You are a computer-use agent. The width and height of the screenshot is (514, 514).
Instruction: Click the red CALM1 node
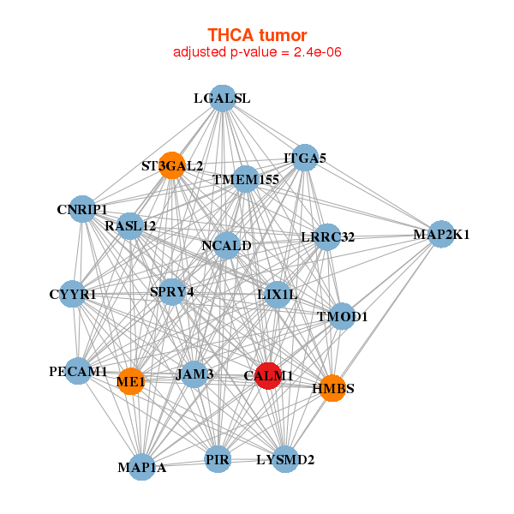[269, 375]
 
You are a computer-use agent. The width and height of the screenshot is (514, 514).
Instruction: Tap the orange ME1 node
[130, 381]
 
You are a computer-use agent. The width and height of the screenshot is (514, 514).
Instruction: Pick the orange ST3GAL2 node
[172, 164]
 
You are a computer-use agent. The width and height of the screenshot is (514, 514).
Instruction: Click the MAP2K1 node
[440, 234]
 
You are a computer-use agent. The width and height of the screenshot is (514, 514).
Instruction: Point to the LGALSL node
[222, 98]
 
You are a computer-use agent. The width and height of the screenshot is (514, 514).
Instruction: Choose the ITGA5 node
[305, 158]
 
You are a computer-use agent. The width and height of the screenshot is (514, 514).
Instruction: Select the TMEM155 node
[246, 179]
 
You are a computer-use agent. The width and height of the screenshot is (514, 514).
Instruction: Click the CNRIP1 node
[82, 209]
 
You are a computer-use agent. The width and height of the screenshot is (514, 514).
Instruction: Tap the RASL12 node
[130, 226]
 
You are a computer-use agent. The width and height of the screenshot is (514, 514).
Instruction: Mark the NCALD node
[226, 246]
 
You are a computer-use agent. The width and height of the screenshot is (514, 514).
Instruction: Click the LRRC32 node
[327, 236]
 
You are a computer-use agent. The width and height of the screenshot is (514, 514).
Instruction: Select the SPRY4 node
[172, 292]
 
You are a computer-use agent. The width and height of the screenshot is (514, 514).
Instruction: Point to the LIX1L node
[278, 295]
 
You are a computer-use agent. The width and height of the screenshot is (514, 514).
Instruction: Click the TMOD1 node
[342, 316]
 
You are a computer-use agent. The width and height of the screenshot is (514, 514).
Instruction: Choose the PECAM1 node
[78, 371]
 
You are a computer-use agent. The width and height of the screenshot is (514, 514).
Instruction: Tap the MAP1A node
[142, 467]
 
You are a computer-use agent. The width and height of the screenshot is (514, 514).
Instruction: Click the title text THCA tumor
[257, 35]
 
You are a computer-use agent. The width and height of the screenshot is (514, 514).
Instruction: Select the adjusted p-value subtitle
[257, 52]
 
